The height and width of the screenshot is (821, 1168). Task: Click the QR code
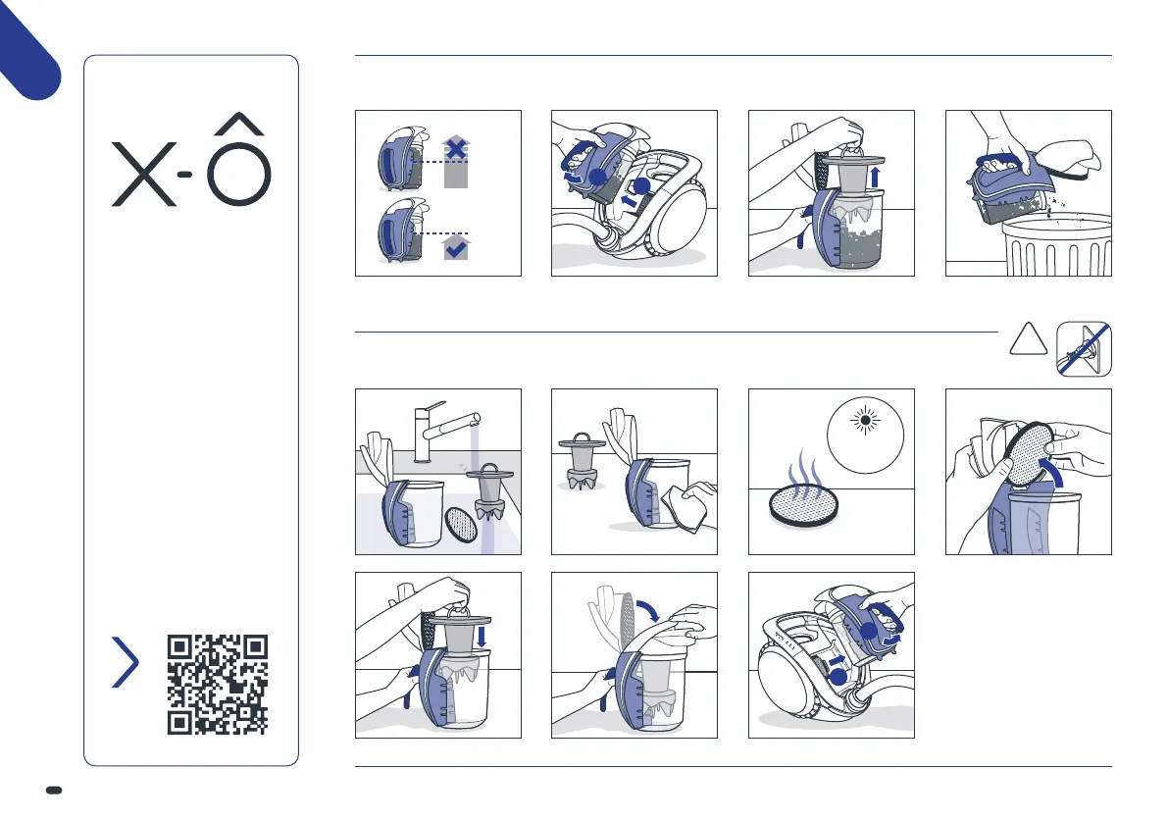[218, 685]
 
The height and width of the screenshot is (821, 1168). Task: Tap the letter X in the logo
[144, 175]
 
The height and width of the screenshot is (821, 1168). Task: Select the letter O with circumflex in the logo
[239, 160]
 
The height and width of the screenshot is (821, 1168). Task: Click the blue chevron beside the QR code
[126, 661]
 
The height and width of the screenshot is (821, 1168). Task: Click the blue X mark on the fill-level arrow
[455, 149]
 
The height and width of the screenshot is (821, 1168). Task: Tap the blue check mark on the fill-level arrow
[456, 249]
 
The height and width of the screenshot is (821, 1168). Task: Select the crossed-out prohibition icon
[1084, 349]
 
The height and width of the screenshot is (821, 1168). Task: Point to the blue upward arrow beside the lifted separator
[875, 177]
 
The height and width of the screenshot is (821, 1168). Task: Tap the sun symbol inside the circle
[865, 421]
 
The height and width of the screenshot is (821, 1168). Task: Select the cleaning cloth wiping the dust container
[689, 506]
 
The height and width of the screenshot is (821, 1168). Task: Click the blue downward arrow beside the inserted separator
[482, 637]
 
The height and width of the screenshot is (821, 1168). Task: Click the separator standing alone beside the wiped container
[582, 462]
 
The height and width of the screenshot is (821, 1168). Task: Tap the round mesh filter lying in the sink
[460, 524]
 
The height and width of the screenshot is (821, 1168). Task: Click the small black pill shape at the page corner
[54, 790]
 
